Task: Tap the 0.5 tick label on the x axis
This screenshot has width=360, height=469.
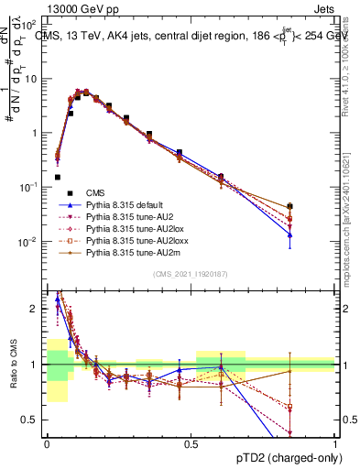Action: coord(191,443)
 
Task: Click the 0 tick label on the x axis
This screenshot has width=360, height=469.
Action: coord(47,443)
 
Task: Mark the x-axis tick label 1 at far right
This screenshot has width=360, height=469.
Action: coord(334,443)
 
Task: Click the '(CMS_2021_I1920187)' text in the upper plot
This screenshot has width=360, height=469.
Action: coord(191,275)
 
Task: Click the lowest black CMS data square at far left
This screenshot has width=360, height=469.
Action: coord(58,177)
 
